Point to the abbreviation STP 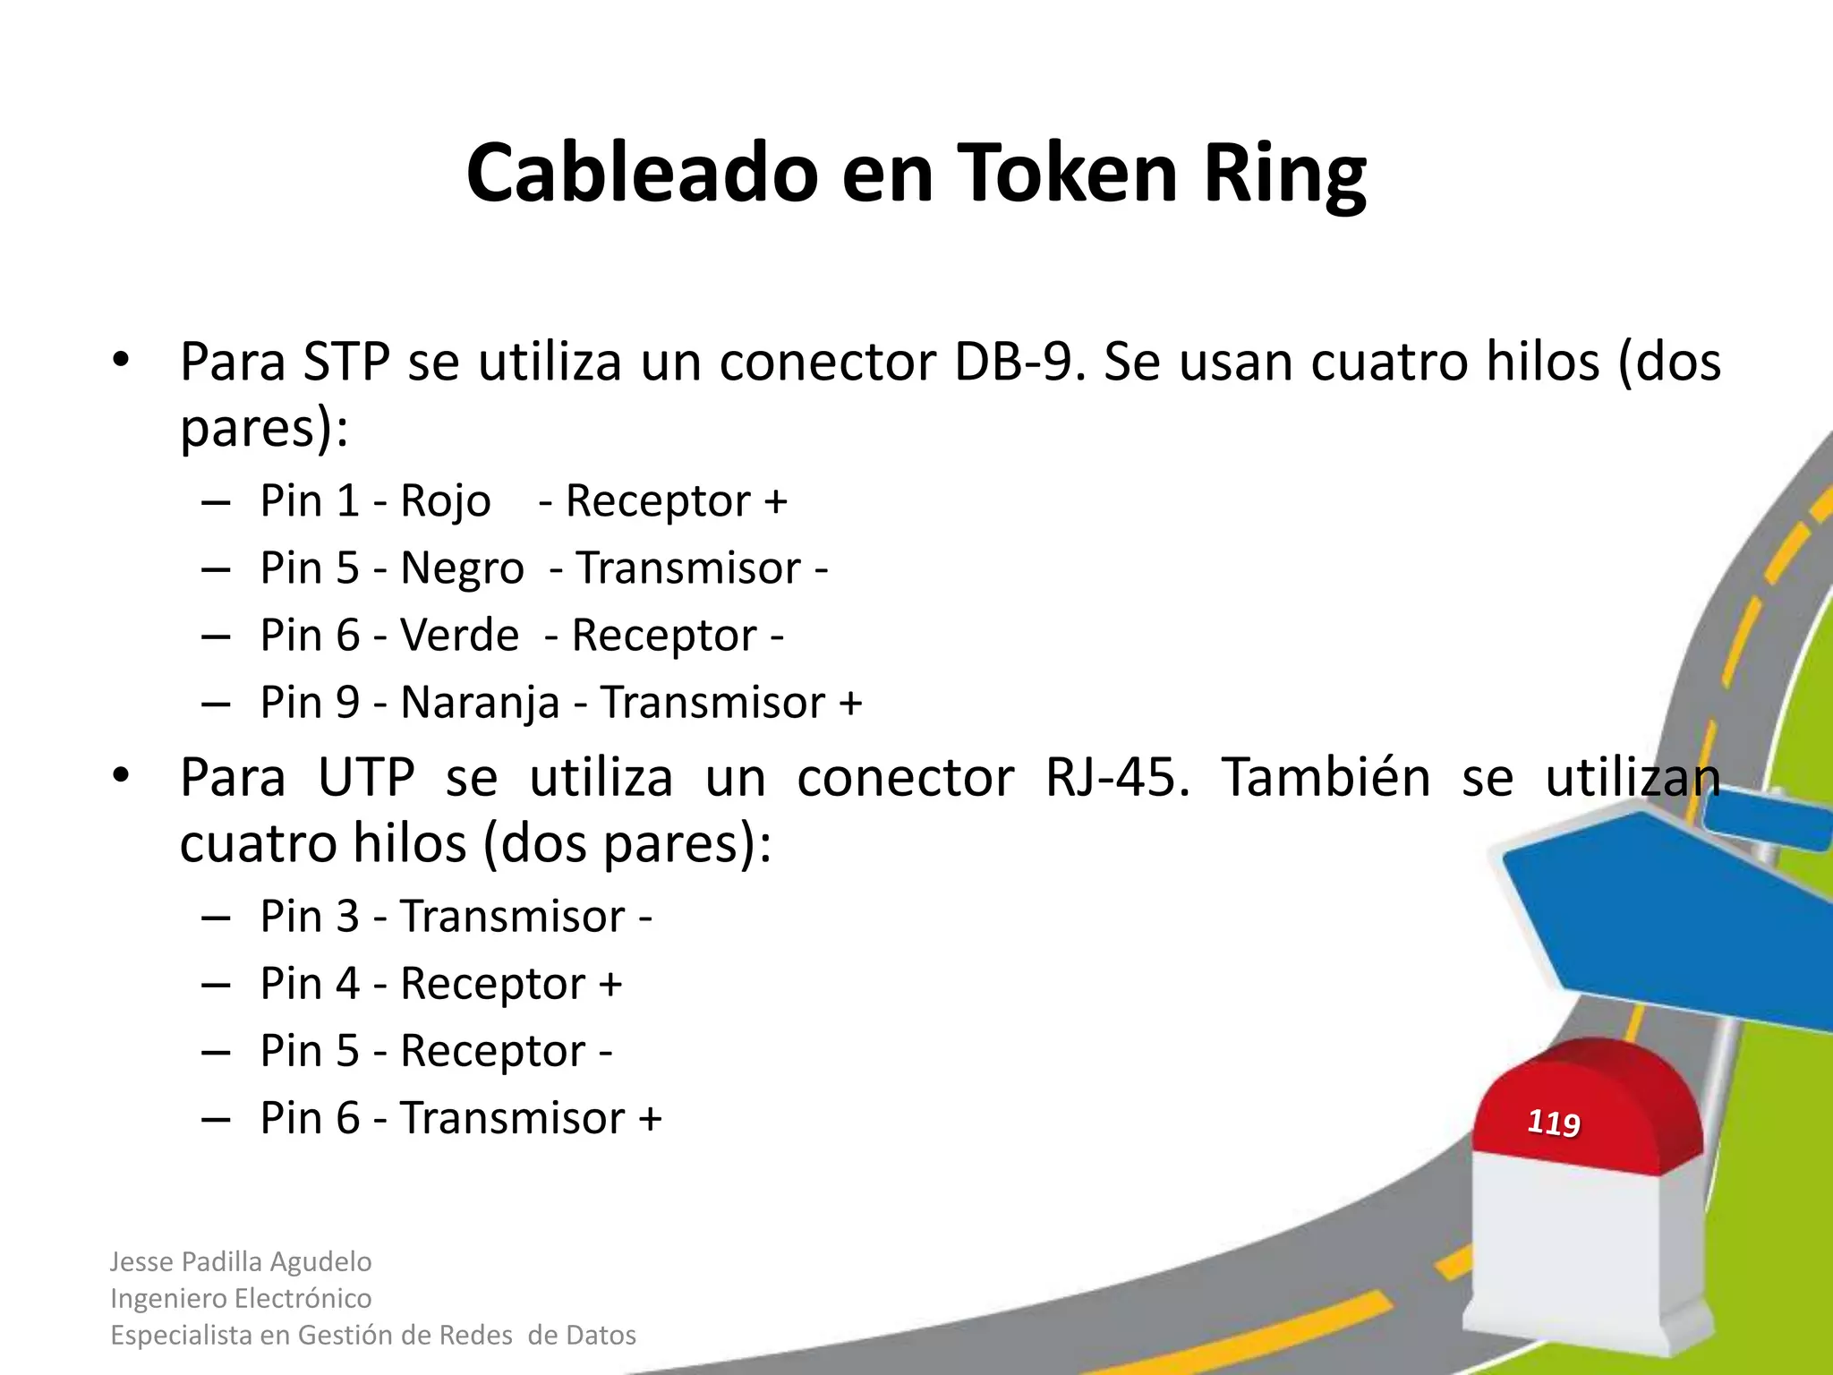tap(346, 363)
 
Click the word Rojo tap(445, 501)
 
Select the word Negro tap(462, 569)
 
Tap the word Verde tap(459, 636)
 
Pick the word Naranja tap(480, 704)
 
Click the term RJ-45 tap(1118, 777)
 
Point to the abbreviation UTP tap(366, 777)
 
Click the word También tap(1326, 777)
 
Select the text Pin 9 tap(310, 703)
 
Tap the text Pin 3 tap(310, 917)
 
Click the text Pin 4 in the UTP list tap(310, 984)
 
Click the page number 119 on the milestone tap(1553, 1123)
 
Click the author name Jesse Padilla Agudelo tap(241, 1261)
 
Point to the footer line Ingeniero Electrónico tap(241, 1298)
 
